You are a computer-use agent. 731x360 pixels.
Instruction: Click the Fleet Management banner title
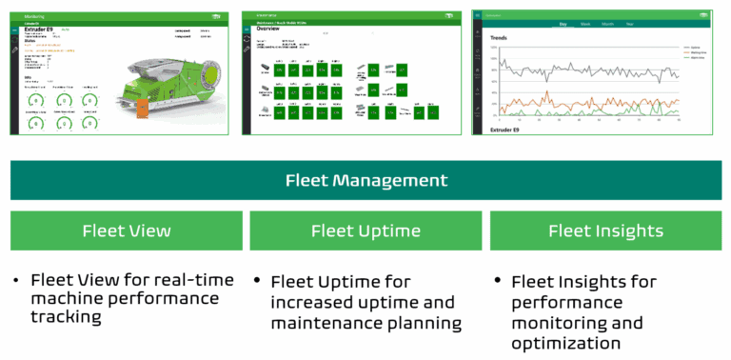point(365,180)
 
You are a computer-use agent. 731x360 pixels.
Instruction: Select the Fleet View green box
point(126,230)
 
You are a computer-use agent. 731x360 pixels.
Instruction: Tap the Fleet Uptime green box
point(365,230)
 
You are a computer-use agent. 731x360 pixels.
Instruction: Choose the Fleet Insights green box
point(605,230)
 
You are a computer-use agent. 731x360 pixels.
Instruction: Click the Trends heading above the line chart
point(499,39)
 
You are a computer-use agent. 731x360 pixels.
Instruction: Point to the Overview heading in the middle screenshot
point(269,30)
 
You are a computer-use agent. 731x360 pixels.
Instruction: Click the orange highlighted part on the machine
point(142,107)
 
